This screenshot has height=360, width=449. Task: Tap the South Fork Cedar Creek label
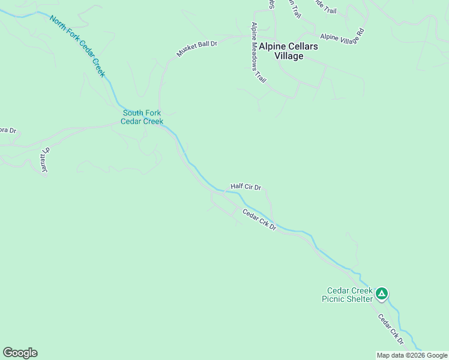(142, 117)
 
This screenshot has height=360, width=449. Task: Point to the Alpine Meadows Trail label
(259, 53)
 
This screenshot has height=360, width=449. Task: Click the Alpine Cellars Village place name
(289, 50)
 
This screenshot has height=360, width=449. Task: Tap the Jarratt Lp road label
(43, 161)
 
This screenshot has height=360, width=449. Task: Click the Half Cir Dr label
(246, 187)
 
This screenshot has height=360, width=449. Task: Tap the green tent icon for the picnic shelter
(382, 294)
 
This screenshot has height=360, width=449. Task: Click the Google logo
(20, 353)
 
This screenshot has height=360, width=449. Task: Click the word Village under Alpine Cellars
(289, 56)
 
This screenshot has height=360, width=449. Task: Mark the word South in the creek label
(133, 113)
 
